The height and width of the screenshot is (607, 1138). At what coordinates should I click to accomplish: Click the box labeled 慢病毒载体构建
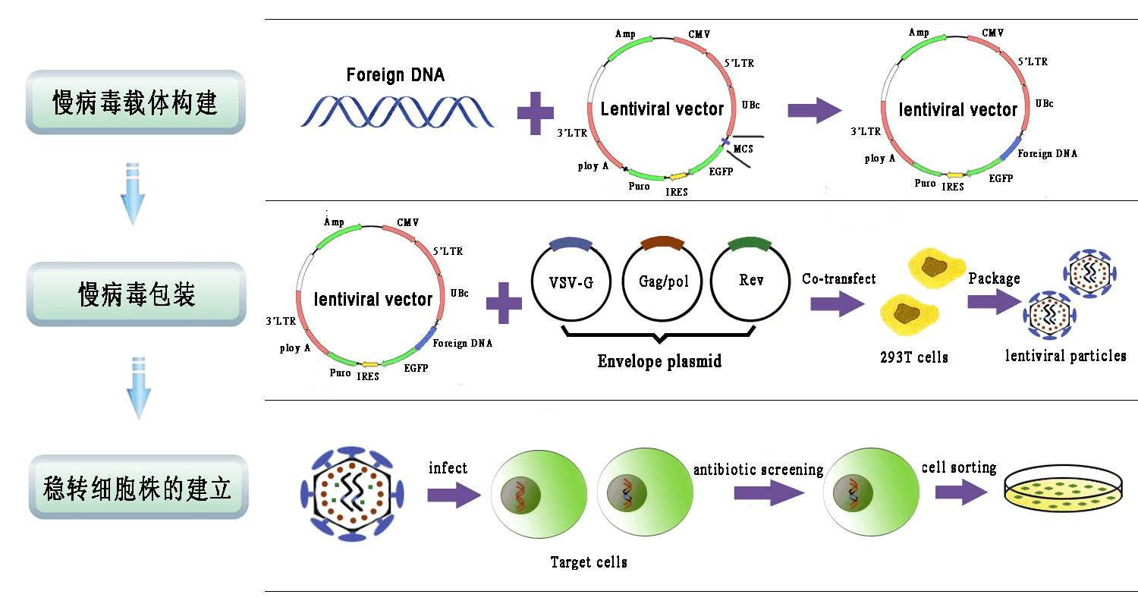136,102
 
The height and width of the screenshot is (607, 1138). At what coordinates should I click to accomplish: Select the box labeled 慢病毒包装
137,294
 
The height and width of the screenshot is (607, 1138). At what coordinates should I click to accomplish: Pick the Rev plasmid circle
750,281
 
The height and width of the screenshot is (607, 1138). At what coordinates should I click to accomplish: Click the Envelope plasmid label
659,361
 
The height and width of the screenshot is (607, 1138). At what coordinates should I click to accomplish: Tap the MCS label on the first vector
743,149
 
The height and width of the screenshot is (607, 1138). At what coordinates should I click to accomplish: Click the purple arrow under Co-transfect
836,304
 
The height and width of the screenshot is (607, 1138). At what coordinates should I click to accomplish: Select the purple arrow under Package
994,301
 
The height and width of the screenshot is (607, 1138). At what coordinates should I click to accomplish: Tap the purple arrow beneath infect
454,495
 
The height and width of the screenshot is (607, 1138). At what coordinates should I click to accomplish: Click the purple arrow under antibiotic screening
769,494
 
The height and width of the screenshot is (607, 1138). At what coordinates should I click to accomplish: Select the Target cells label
589,562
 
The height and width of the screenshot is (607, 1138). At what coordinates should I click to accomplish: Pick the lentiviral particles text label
1065,356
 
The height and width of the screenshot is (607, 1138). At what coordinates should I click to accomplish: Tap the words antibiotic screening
758,470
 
